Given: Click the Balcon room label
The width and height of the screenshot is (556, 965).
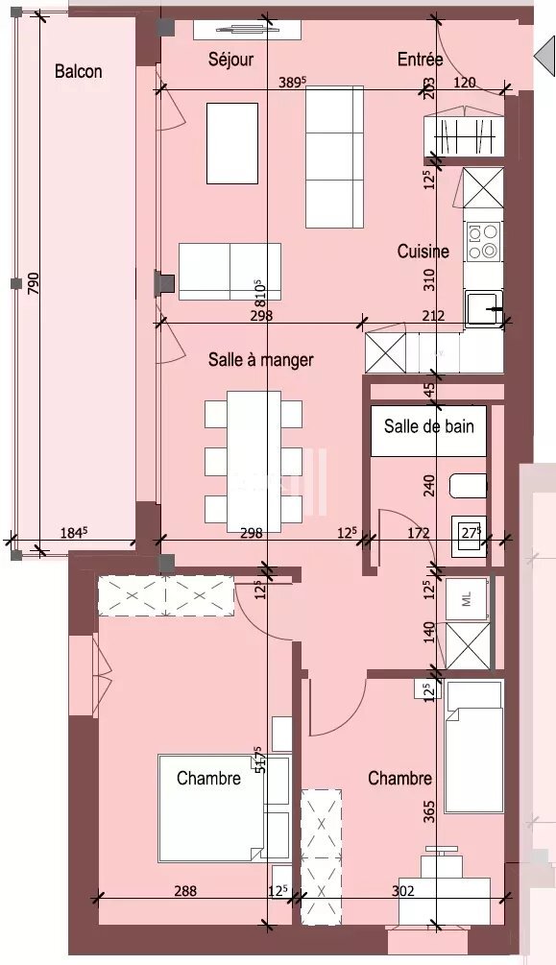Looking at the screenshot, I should [x=79, y=71].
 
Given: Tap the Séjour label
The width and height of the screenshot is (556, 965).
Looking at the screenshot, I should [x=230, y=60].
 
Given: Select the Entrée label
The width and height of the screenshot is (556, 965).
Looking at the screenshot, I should [x=420, y=60].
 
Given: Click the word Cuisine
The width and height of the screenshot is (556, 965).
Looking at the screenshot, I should [x=423, y=252].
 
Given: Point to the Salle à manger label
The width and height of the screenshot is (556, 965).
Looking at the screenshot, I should [x=260, y=360].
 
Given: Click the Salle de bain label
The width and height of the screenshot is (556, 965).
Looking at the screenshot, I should [x=428, y=425].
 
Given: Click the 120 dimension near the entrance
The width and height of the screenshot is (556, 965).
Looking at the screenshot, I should [x=464, y=83].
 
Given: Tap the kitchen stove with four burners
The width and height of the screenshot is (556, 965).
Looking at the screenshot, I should [x=482, y=241].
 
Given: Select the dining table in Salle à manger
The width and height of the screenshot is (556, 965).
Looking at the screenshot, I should [x=254, y=456].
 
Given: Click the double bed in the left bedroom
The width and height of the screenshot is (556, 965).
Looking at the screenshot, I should [x=211, y=808].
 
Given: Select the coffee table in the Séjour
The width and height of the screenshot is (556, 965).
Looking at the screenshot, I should [x=232, y=142].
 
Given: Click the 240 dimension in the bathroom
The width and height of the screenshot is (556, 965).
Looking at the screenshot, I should [x=429, y=486].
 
